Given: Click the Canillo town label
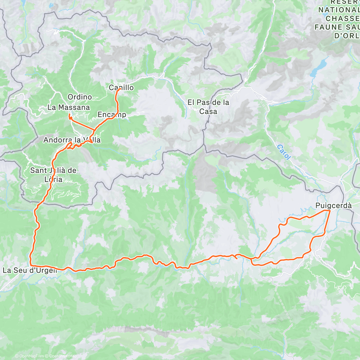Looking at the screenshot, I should pyautogui.click(x=121, y=88).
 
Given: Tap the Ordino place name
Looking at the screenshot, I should pyautogui.click(x=80, y=97).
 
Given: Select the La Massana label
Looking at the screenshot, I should pyautogui.click(x=69, y=107).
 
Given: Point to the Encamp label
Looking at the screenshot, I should pyautogui.click(x=112, y=115).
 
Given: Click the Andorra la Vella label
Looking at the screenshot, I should pyautogui.click(x=72, y=140).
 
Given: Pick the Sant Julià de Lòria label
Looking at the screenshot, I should pyautogui.click(x=53, y=175).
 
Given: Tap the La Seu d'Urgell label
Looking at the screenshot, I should pyautogui.click(x=30, y=270).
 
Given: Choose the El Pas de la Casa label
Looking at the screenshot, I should pyautogui.click(x=208, y=107).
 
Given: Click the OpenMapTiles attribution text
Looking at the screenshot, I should pyautogui.click(x=29, y=356).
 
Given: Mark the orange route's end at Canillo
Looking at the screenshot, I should pyautogui.click(x=120, y=89).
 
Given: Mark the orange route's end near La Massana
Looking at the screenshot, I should pyautogui.click(x=69, y=115).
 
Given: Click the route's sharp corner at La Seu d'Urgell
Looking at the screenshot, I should pyautogui.click(x=30, y=265).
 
